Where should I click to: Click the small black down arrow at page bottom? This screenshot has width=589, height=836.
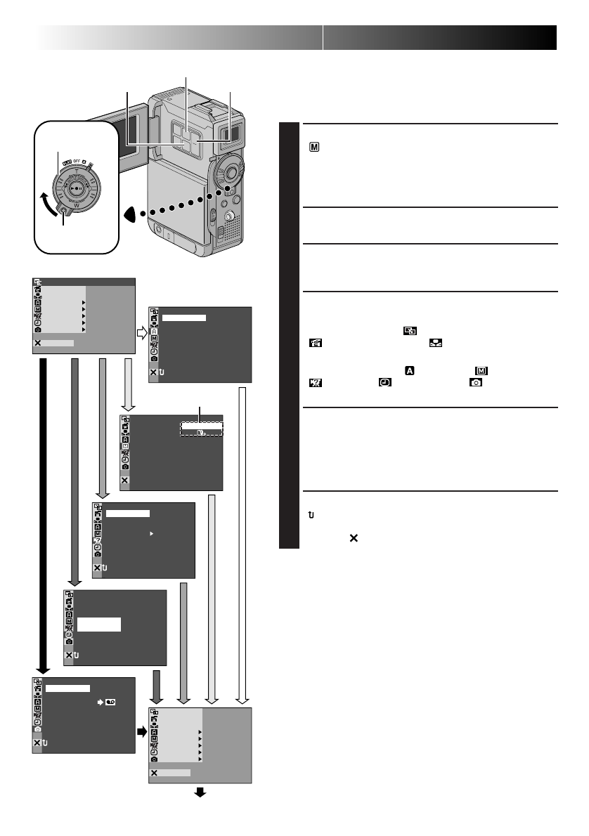pyautogui.click(x=200, y=792)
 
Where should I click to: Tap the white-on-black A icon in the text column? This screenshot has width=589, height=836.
pyautogui.click(x=408, y=370)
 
